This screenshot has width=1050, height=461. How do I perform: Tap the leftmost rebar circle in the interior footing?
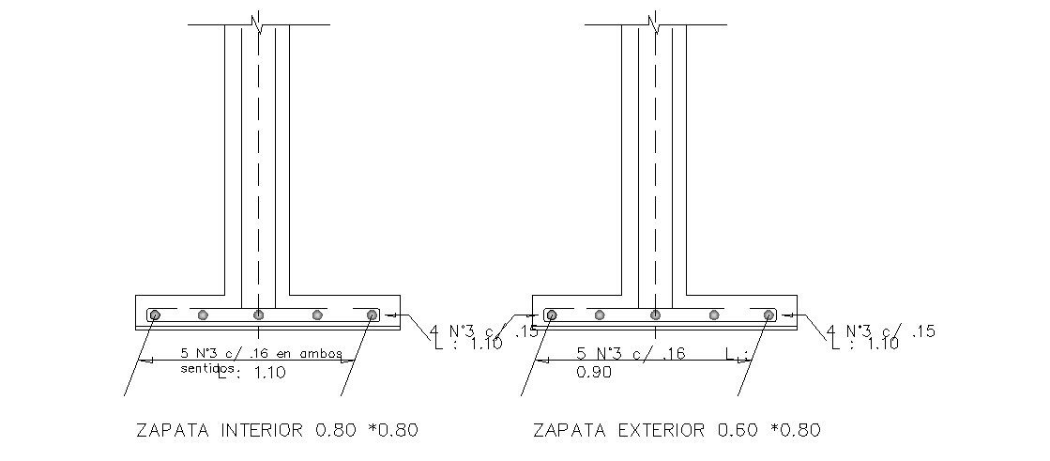coord(155,315)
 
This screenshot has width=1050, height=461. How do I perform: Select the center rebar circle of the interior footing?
coord(258,315)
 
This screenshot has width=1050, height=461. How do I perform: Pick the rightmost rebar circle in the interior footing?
coord(373,315)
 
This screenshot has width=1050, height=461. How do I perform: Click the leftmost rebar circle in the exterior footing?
coord(551,315)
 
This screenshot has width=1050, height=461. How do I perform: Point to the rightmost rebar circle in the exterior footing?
coord(768,315)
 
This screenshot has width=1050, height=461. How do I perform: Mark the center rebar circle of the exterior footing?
coord(655,315)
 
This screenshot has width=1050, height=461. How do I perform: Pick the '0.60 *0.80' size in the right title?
coord(768,431)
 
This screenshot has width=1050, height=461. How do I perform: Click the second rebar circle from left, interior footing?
coord(205,315)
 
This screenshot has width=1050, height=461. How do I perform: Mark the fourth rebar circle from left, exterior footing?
coord(714,315)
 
